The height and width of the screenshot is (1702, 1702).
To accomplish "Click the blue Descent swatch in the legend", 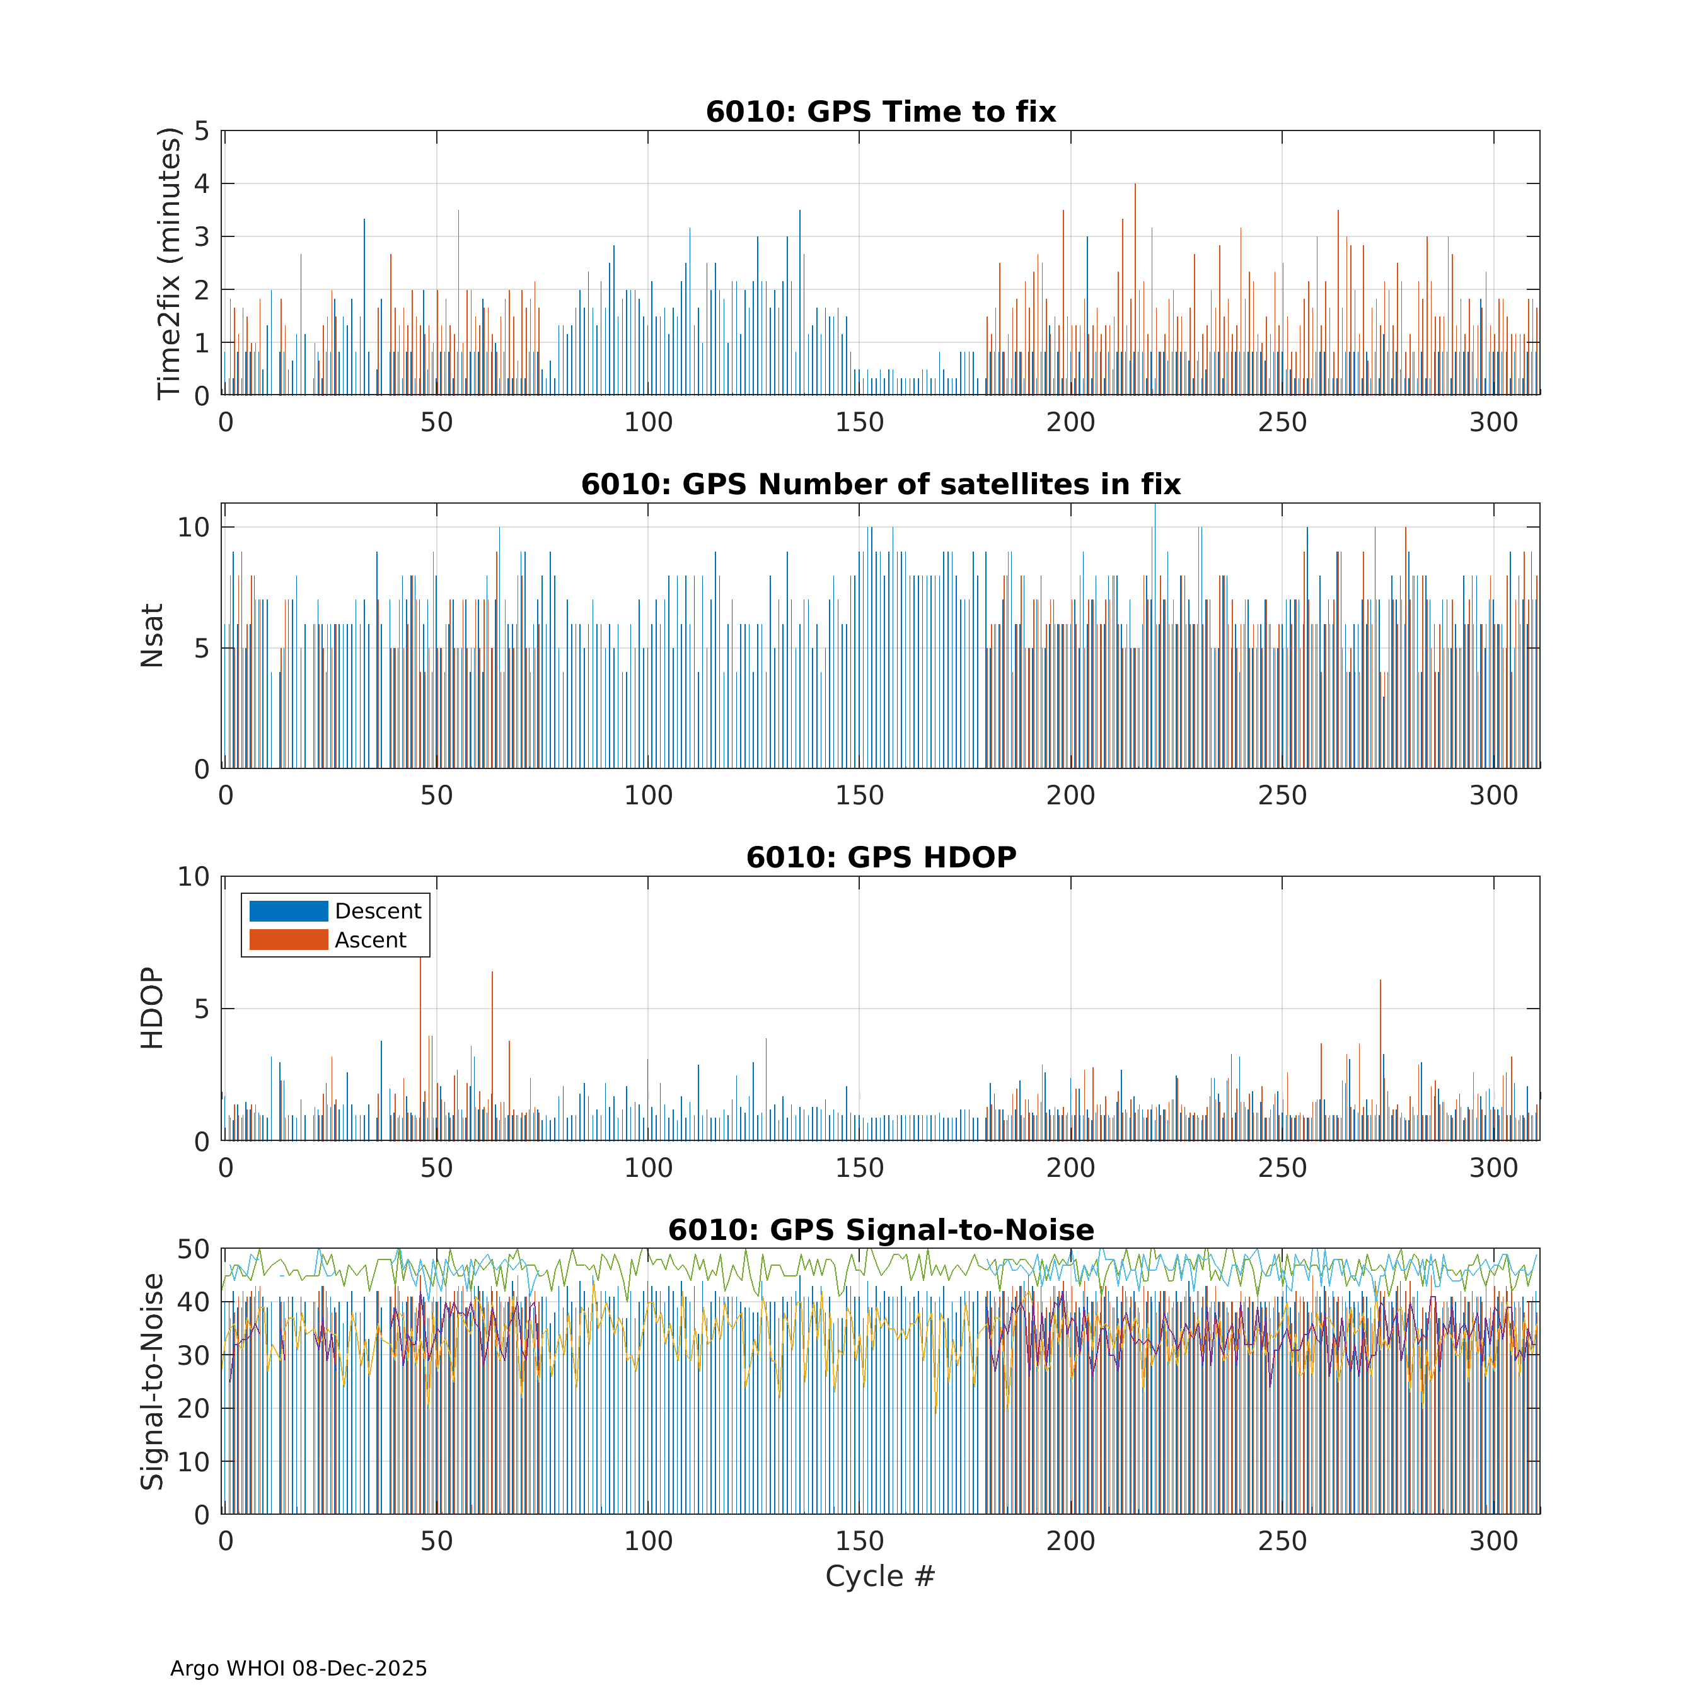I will pos(288,911).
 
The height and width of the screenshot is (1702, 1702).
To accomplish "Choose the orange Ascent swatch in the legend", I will pos(288,940).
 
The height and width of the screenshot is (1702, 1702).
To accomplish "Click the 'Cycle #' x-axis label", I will pos(879,1576).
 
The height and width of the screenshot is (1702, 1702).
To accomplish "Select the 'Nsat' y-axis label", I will pos(151,635).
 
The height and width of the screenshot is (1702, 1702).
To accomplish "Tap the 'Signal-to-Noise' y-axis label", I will pos(151,1381).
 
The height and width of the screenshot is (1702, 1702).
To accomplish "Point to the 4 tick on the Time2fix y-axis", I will pos(202,184).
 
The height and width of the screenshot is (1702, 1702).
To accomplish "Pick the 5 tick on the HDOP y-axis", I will pos(202,1009).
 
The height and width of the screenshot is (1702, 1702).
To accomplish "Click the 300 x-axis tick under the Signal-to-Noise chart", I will pos(1493,1541).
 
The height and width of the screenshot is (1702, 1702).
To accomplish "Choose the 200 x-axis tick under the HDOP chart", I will pos(1070,1168).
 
